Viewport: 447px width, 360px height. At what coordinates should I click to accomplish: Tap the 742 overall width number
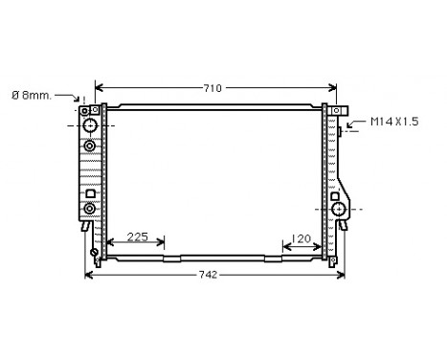(208, 275)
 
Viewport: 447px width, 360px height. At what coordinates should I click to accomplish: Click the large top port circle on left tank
(89, 125)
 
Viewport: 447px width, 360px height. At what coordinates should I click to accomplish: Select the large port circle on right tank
(337, 209)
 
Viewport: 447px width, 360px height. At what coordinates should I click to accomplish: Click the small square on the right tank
(337, 194)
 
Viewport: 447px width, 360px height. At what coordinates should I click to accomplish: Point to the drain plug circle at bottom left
(94, 254)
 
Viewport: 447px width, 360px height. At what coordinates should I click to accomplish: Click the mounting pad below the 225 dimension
(171, 258)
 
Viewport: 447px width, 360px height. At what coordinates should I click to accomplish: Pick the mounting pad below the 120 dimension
(273, 258)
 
